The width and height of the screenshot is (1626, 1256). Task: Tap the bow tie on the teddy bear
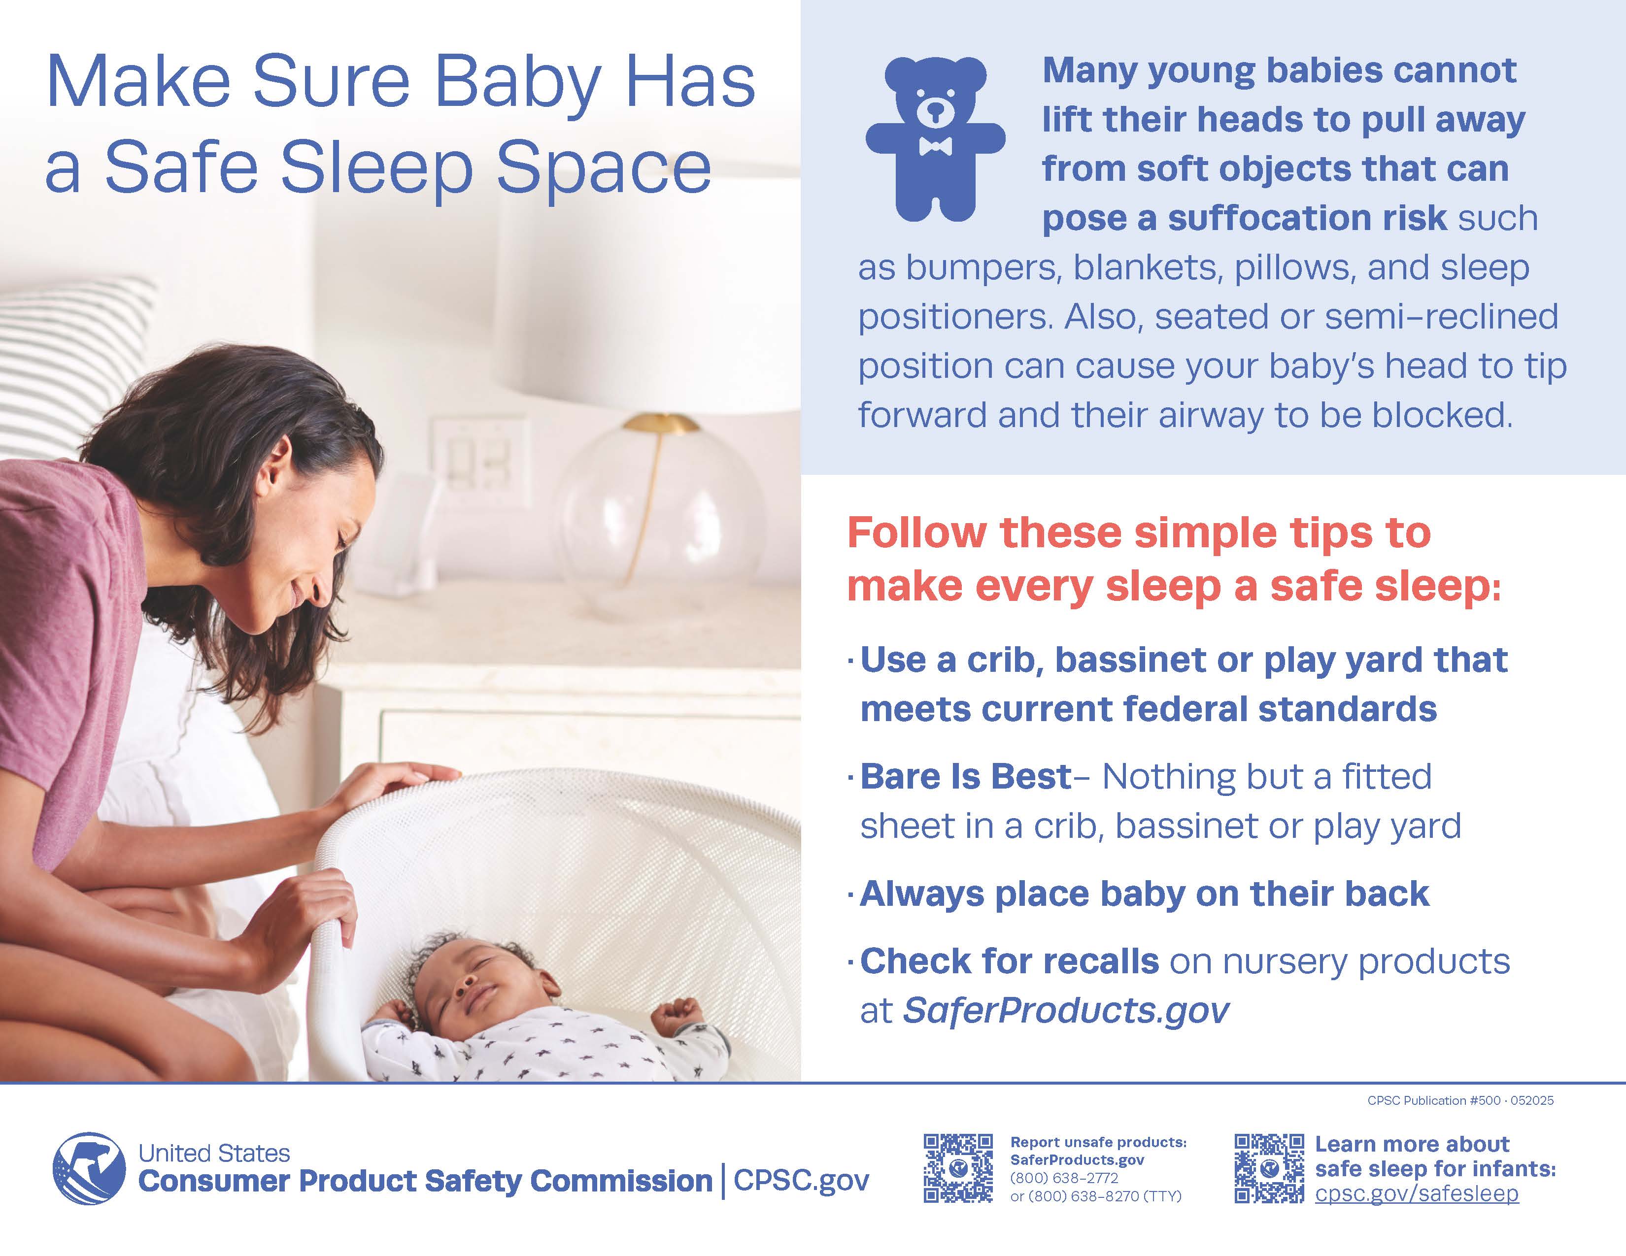click(935, 146)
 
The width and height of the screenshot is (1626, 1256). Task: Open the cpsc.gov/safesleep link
click(1417, 1193)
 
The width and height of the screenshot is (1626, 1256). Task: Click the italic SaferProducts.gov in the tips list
click(1066, 1010)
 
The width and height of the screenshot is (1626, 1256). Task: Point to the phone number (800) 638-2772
click(1064, 1178)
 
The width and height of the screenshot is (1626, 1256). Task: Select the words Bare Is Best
click(966, 777)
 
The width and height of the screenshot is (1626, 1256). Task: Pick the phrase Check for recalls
click(1010, 961)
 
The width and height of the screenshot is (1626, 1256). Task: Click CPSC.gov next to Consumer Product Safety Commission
click(801, 1181)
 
